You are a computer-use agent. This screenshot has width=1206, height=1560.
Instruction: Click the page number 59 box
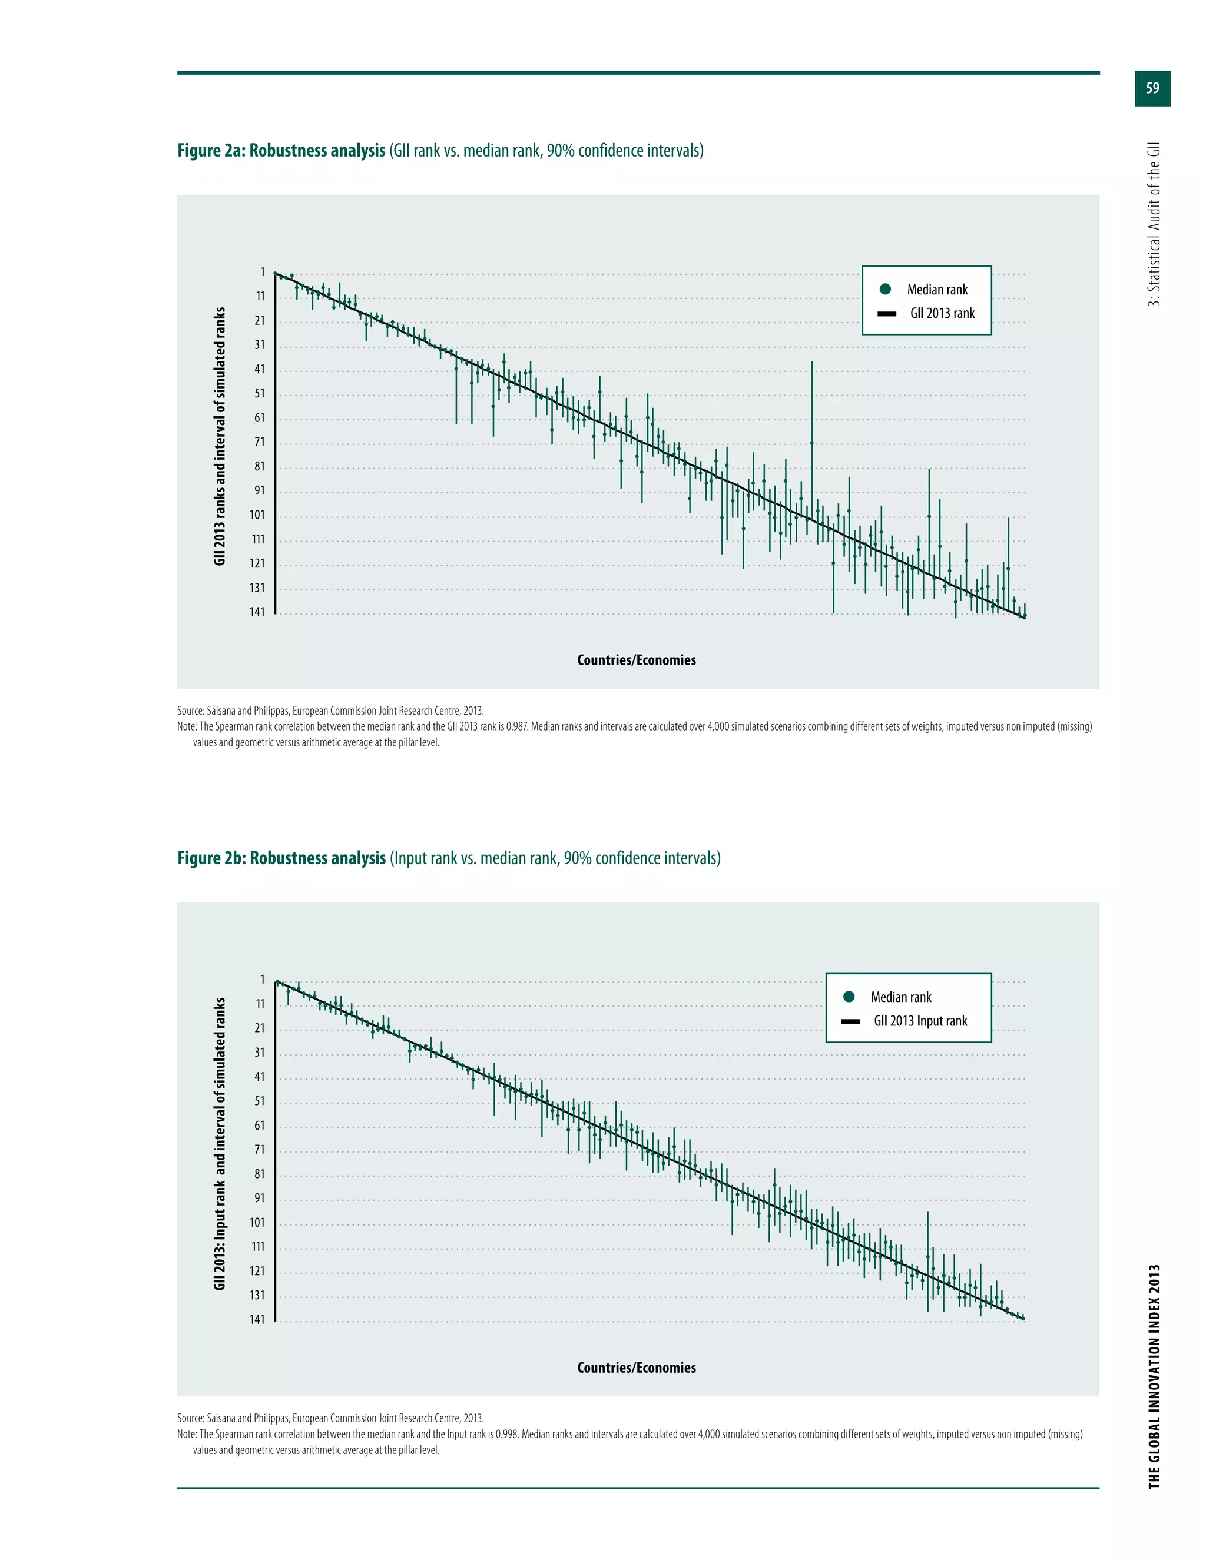[1152, 88]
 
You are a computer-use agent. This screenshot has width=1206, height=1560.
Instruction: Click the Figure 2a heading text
[440, 151]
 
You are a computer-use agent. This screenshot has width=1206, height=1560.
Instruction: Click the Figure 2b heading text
[449, 858]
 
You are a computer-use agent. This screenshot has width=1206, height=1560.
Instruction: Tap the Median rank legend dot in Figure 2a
[885, 289]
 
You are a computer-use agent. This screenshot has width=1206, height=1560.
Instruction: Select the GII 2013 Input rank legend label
[920, 1021]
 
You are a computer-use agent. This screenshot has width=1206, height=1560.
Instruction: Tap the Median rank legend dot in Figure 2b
[849, 997]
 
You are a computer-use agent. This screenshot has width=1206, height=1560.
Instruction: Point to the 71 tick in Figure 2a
[259, 442]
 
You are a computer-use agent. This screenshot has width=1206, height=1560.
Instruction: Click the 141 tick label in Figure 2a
[257, 612]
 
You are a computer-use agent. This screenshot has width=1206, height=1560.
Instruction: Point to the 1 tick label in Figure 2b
[262, 980]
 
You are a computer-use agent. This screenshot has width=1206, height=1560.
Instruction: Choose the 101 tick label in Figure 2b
[257, 1222]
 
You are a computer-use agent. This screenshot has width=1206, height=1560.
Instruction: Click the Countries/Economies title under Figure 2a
[636, 660]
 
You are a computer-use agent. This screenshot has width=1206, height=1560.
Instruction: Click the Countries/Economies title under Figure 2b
[636, 1367]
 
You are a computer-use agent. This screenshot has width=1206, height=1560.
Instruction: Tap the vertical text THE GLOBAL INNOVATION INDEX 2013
[1154, 1376]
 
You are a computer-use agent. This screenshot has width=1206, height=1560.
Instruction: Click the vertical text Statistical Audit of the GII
[1154, 224]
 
